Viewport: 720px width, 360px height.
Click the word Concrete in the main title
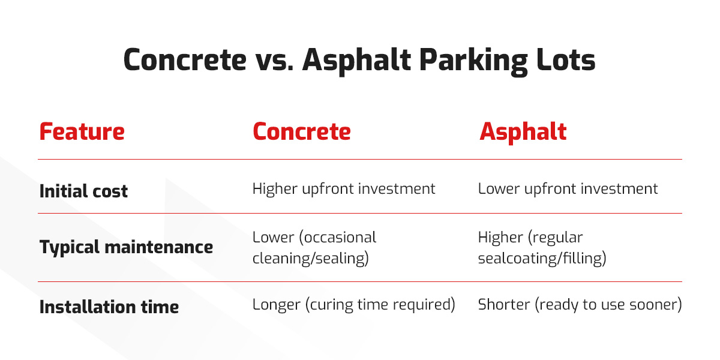point(185,60)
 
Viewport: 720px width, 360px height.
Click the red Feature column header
point(82,131)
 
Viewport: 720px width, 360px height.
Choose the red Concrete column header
point(301,131)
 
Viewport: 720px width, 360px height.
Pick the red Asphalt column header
point(523,131)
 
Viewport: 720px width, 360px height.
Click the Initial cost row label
point(83,191)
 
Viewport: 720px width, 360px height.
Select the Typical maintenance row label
point(126,247)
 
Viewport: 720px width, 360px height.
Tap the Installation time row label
point(109,307)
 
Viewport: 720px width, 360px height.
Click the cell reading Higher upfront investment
point(344,189)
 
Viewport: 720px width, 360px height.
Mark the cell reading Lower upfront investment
point(568,189)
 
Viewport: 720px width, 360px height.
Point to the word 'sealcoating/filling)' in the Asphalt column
point(542,259)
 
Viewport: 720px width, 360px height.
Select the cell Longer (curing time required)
point(353,305)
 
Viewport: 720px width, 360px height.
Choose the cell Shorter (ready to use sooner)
point(580,305)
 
